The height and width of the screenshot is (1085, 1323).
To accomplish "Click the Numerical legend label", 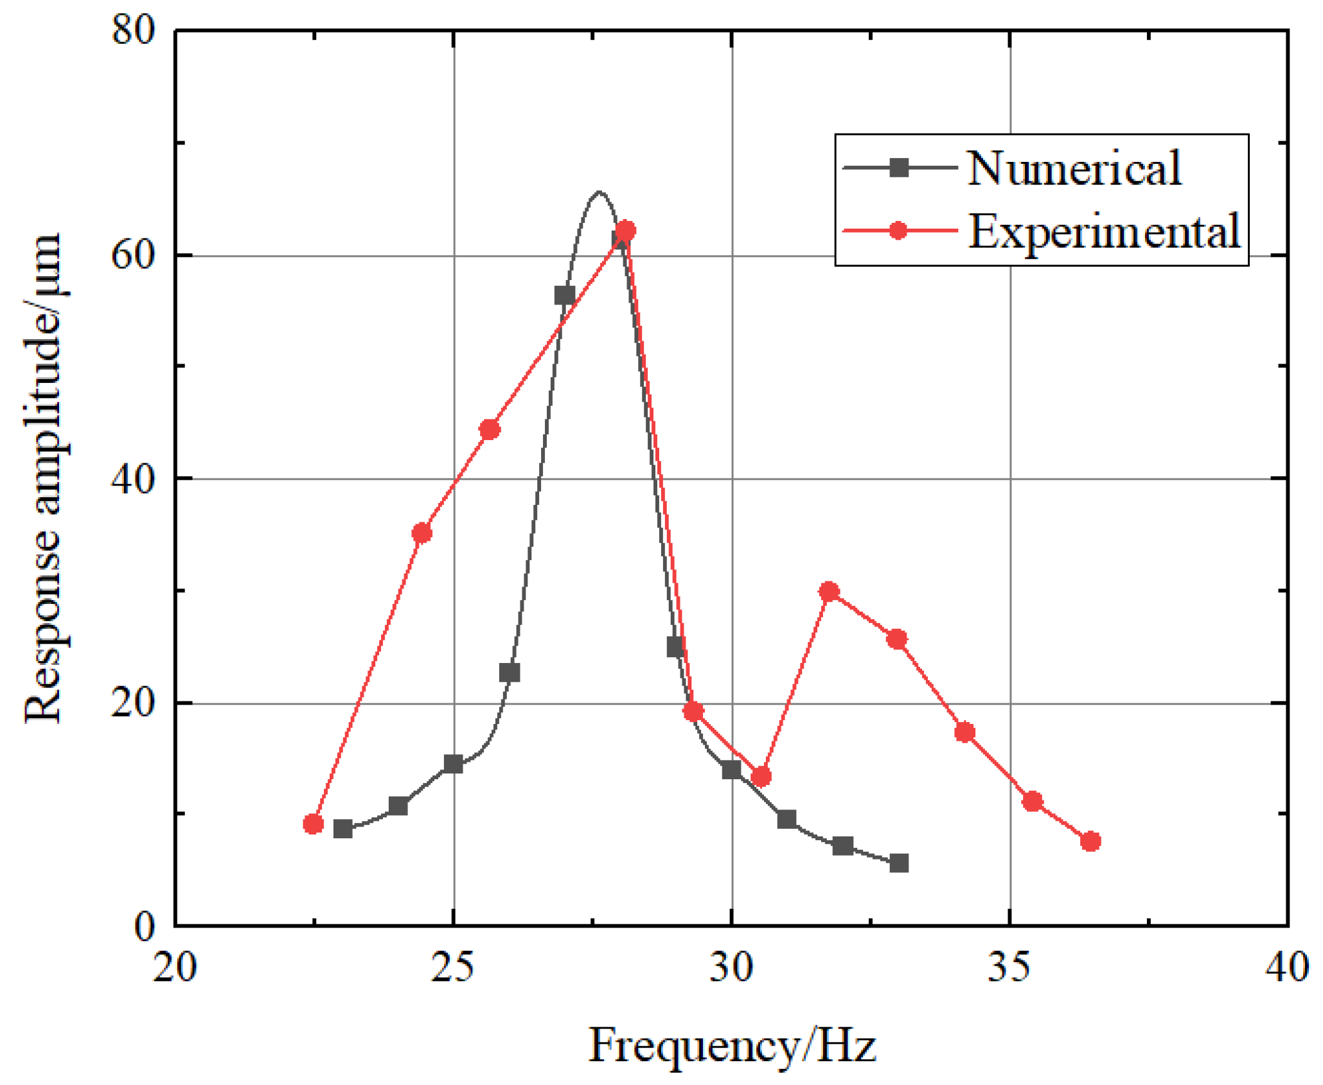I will coord(1073,168).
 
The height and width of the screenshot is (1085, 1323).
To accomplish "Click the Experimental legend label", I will coord(1103,231).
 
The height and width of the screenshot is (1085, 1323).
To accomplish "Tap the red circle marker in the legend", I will coord(898,231).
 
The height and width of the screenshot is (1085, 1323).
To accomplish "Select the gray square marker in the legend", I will coord(899,168).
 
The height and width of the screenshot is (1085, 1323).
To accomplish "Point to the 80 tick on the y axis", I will coord(134,30).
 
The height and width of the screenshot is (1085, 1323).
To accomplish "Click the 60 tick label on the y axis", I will coord(134,255).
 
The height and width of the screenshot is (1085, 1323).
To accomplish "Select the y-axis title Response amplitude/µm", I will coord(44,479).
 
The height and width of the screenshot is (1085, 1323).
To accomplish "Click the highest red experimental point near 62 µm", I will coord(625,231).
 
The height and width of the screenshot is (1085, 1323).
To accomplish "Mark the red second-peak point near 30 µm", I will coord(829,592).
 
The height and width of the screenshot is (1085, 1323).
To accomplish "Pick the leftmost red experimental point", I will coord(313,824).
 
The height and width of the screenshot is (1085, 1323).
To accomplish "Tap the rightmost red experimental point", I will coord(1090,841).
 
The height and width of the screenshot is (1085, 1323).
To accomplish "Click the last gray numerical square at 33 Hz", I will coord(899,863).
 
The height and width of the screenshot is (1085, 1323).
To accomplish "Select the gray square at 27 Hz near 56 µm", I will coord(564,296).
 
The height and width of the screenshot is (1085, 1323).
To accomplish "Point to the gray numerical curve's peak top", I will coord(599,191).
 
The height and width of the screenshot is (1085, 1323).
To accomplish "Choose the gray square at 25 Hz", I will coord(453,764).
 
